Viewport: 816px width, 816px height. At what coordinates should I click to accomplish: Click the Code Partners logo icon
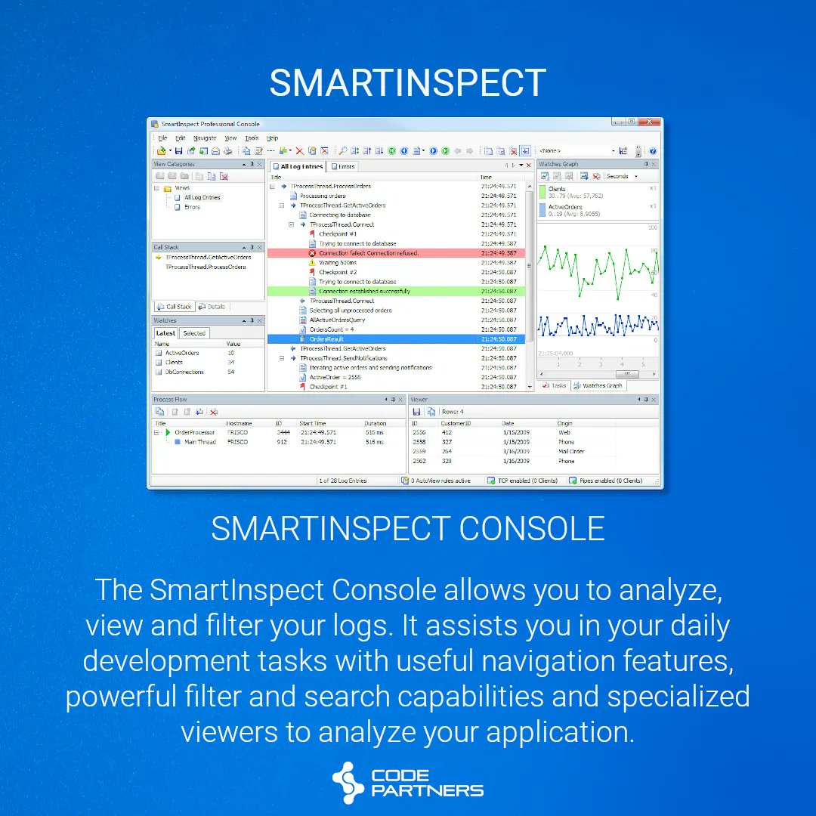point(348,783)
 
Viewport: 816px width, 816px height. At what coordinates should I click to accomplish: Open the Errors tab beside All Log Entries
point(343,166)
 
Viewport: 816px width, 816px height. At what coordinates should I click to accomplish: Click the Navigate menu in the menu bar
point(204,138)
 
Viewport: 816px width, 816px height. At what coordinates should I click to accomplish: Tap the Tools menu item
point(252,138)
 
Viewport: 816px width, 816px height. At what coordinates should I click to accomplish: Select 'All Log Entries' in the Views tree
point(202,197)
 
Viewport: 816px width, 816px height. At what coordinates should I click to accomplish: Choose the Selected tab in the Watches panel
point(194,333)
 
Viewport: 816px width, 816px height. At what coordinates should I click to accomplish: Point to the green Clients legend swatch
point(542,192)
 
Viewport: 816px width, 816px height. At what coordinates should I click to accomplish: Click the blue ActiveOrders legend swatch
point(542,209)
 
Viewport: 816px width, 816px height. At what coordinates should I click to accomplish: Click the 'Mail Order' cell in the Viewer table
point(571,452)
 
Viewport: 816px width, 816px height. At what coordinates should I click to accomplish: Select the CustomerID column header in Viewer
point(456,423)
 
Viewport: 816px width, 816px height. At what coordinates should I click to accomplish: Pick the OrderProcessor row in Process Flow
point(194,432)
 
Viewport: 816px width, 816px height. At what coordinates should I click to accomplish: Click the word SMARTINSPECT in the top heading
point(407,83)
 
